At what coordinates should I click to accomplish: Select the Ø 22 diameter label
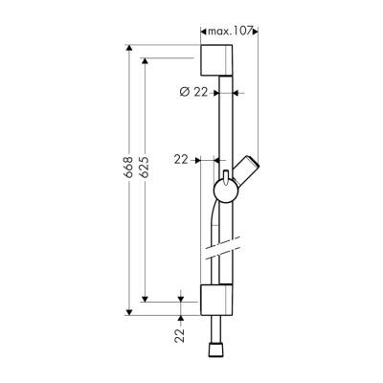tap(193, 92)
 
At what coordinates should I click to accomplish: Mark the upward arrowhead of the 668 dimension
tap(128, 47)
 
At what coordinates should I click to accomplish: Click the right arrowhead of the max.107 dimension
tap(256, 33)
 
